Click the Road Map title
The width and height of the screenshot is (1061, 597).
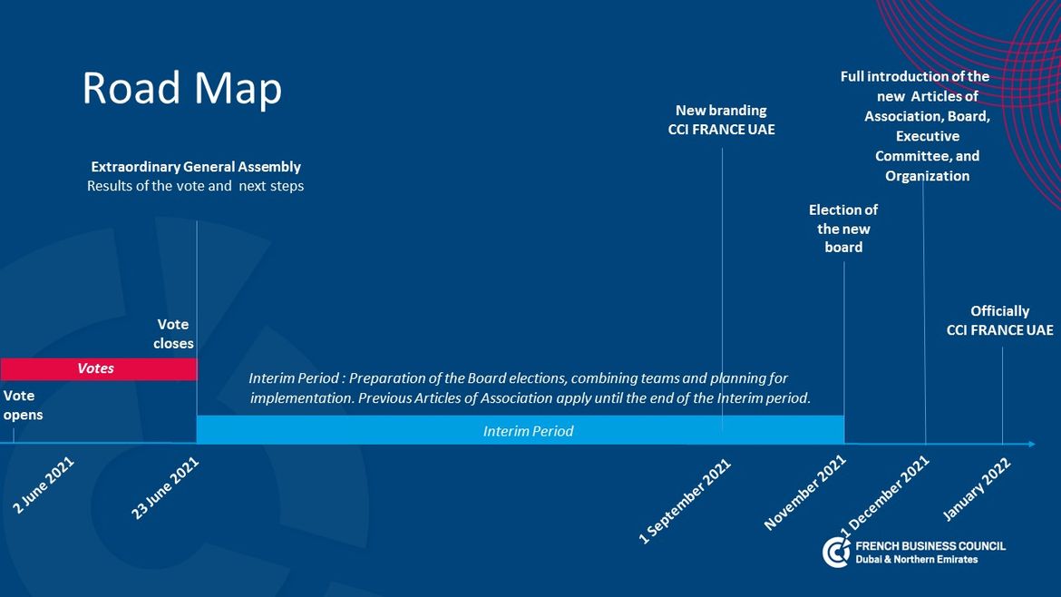point(181,89)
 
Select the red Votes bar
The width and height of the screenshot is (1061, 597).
point(99,369)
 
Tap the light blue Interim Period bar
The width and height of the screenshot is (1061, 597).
point(521,430)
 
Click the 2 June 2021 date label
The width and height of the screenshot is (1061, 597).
point(44,484)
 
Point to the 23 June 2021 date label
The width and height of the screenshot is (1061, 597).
point(165,487)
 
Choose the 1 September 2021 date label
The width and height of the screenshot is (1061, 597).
point(685,501)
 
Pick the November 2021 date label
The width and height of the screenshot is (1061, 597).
point(805,492)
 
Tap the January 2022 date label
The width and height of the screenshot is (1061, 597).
point(977,489)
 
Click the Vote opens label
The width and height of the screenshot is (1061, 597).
point(23,405)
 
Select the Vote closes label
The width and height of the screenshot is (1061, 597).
point(173,334)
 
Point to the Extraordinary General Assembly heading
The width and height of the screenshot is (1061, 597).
point(196,167)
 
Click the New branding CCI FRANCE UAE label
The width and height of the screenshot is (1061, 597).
point(721,120)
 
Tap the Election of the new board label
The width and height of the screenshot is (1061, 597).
point(843,229)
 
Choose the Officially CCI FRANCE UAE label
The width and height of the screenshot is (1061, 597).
point(999,320)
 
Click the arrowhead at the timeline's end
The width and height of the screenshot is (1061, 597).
point(1031,444)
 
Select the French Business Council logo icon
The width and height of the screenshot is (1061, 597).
point(836,553)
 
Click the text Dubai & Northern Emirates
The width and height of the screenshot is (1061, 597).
point(916,560)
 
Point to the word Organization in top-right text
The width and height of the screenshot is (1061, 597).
point(927,176)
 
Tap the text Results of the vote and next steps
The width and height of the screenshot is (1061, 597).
point(196,186)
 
